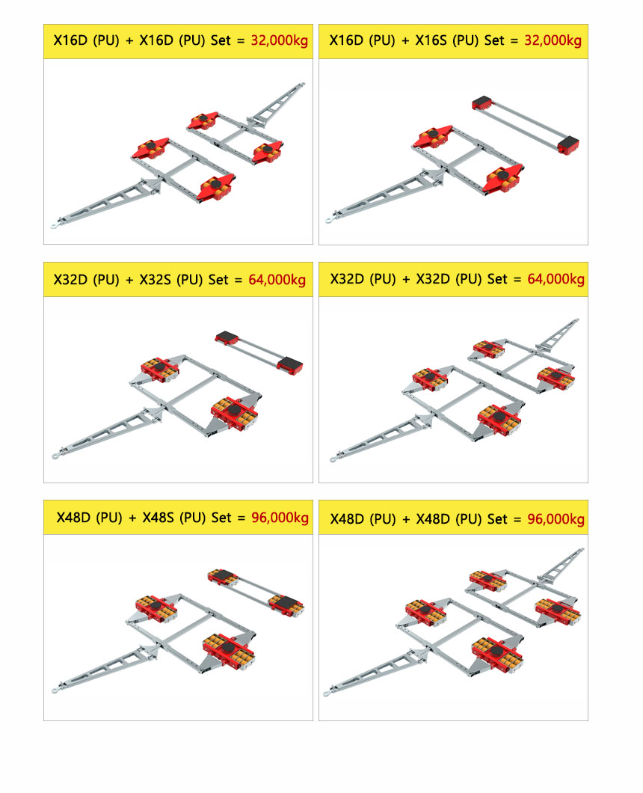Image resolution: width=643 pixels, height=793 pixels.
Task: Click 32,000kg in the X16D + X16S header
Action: (553, 40)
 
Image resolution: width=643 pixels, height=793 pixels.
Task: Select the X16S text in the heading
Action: (431, 40)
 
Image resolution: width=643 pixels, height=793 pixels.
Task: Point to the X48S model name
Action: (158, 518)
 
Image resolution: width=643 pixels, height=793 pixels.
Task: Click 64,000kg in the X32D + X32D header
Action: (556, 278)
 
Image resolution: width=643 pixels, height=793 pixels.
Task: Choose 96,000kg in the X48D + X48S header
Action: (280, 518)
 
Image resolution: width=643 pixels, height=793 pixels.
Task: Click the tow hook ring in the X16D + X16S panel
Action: (329, 220)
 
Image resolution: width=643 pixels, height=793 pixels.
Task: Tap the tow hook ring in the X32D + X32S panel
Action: (54, 456)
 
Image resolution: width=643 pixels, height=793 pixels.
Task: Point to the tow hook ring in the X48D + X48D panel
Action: (326, 694)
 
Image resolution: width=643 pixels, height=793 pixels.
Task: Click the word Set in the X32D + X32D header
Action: (497, 278)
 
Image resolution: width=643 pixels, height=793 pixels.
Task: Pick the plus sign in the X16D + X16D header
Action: (129, 40)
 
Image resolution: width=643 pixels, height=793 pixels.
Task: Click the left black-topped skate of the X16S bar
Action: (482, 102)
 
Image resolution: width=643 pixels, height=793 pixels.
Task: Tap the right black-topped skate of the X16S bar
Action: (568, 145)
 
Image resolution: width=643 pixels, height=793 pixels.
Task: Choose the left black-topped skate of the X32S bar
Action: (227, 338)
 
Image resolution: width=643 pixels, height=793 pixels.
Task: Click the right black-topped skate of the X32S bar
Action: (289, 364)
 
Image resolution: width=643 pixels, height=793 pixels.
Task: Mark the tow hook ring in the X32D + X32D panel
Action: (333, 459)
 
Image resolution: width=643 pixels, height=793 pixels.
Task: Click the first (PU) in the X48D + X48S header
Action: (109, 518)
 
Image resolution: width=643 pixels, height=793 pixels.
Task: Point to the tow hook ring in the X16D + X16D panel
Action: (54, 225)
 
